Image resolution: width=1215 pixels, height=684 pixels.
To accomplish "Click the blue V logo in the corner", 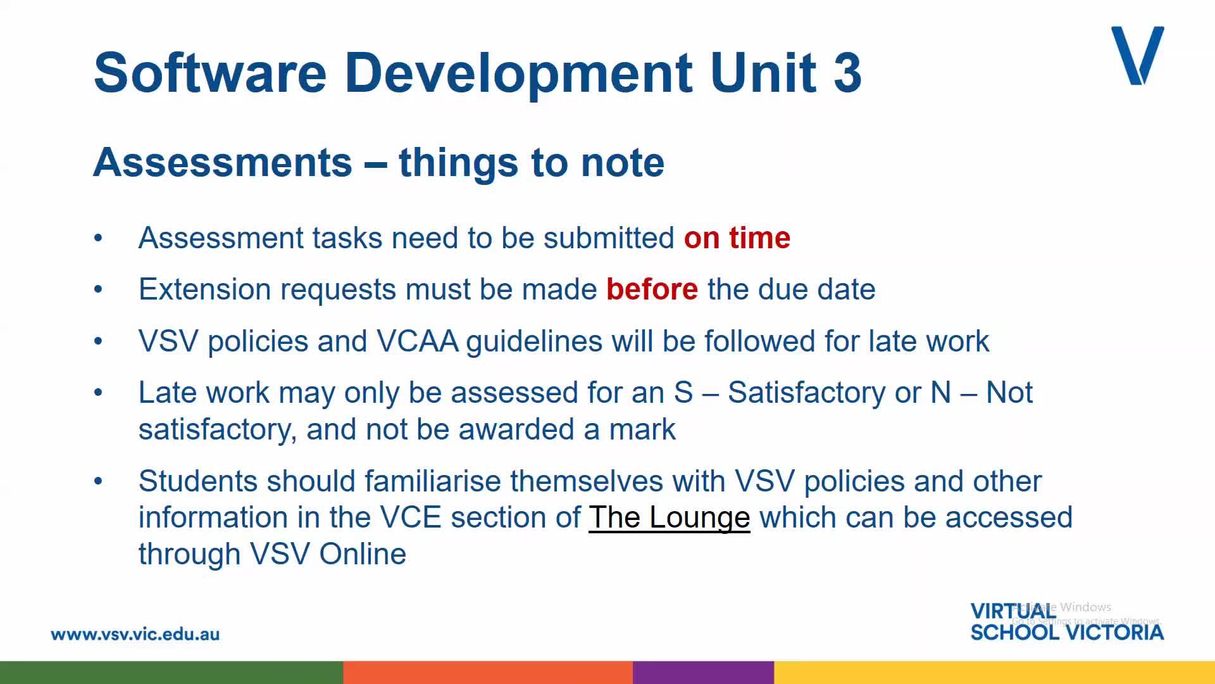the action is pos(1138,56).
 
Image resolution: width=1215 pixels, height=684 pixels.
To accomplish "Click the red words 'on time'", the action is pos(737,238).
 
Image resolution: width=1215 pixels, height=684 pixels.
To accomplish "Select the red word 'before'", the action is pos(652,289).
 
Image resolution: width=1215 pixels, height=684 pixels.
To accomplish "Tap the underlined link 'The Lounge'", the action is pos(670,517).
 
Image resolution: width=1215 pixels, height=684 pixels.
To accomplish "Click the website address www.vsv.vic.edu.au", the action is pos(135,634).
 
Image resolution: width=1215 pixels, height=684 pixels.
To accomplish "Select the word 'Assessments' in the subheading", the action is pos(223,162).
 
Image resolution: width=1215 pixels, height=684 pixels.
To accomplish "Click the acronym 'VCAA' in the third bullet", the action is pos(418,341).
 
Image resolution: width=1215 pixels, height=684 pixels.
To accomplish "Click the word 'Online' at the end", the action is pos(363,554).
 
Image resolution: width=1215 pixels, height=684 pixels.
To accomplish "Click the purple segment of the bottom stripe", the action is pos(703,673).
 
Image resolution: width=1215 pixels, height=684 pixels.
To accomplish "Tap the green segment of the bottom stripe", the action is pos(171,673).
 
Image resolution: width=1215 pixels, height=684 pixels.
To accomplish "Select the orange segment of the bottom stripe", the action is pos(488,673).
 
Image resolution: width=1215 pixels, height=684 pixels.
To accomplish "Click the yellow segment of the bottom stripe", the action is pos(994,673).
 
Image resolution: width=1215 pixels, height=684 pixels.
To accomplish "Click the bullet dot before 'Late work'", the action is pos(98,393).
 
